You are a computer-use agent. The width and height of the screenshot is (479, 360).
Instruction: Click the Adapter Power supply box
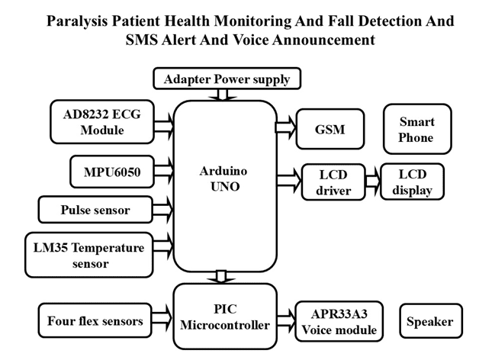227,78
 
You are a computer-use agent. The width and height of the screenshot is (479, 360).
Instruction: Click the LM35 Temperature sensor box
95,254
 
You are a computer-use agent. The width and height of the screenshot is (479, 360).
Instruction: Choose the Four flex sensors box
95,321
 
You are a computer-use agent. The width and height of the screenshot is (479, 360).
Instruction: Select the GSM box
330,129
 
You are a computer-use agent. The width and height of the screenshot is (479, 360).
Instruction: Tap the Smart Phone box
416,129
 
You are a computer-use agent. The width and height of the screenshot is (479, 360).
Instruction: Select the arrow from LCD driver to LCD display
372,182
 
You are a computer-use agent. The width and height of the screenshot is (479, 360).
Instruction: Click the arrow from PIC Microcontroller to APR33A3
285,314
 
